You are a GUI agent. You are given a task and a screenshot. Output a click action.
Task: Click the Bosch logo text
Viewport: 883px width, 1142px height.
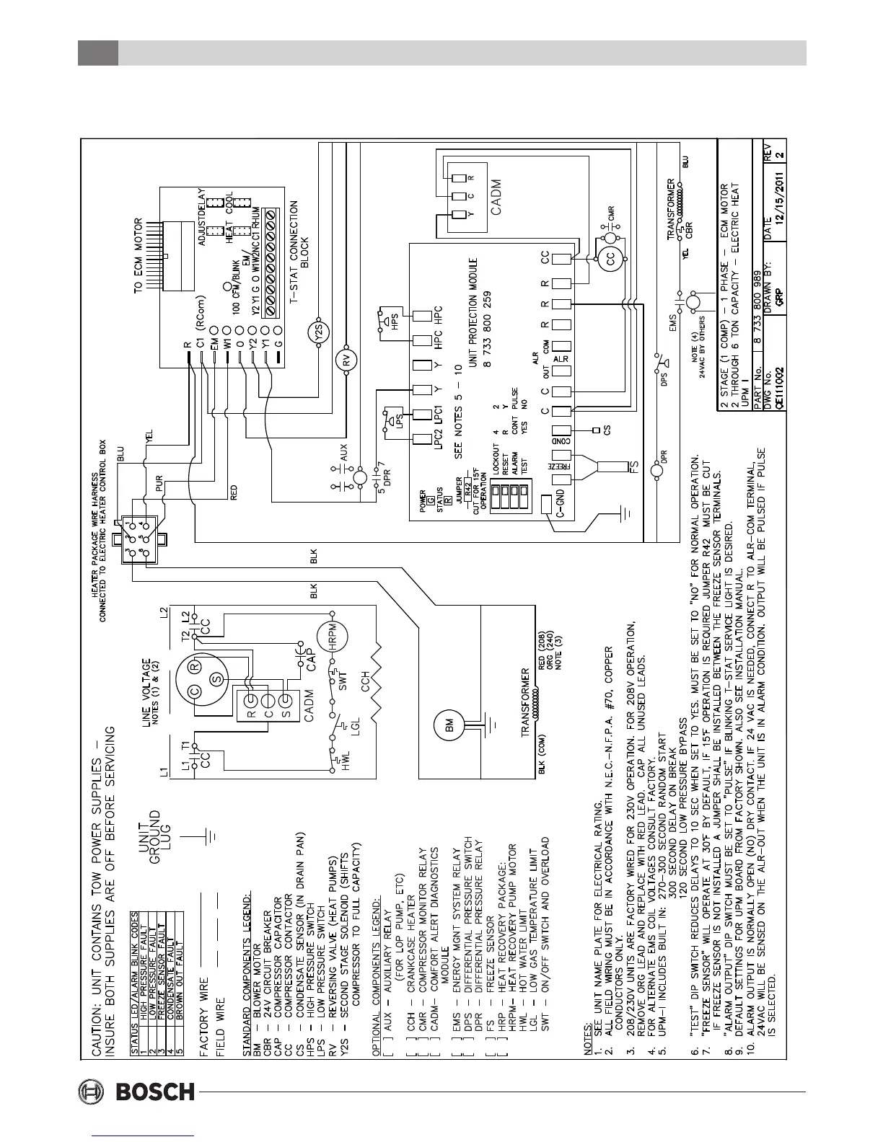156,1091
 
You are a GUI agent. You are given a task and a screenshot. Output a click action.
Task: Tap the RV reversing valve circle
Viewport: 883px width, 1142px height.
345,363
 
